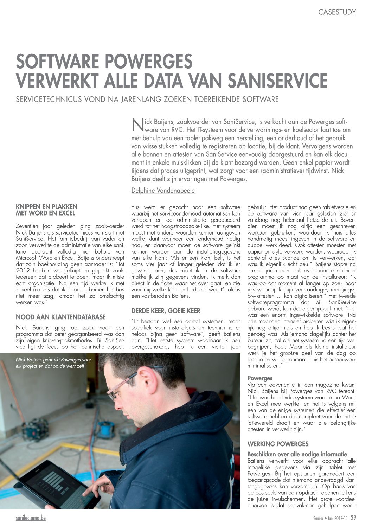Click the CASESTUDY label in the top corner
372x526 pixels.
tap(337, 12)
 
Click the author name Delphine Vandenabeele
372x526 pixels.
tap(163, 191)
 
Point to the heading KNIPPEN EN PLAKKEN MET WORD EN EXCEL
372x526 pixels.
tap(47, 210)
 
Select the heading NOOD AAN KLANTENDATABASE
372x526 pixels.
tap(60, 317)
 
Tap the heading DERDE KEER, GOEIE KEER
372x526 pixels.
tap(166, 311)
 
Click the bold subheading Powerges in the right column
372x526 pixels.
tap(260, 378)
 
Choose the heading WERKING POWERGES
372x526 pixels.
tap(278, 444)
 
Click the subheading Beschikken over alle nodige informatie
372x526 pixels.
tap(297, 454)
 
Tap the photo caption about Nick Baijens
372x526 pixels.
tap(53, 363)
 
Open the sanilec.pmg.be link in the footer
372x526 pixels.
tap(31, 518)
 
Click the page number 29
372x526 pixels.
tap(353, 518)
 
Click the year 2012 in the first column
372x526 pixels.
tap(23, 271)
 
